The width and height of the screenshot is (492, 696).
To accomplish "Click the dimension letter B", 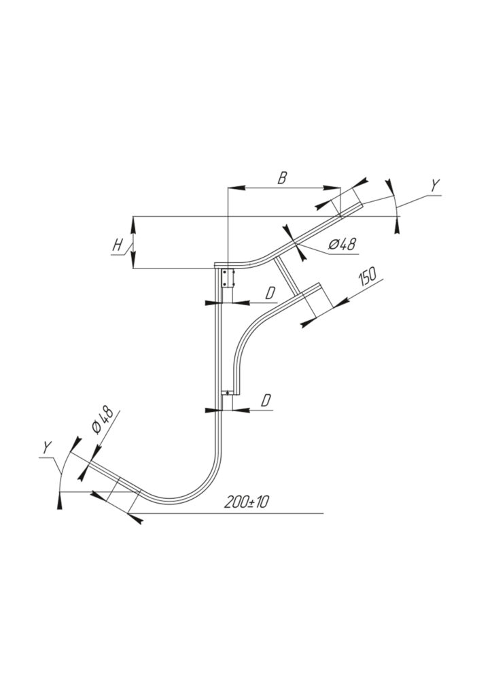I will (282, 178).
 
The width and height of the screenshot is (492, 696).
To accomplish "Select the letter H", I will (118, 245).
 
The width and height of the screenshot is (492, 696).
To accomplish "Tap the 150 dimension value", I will (368, 277).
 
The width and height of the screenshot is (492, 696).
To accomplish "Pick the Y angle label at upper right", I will (436, 185).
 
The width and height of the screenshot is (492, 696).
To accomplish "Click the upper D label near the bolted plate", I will (270, 294).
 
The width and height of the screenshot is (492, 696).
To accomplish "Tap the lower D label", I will (266, 401).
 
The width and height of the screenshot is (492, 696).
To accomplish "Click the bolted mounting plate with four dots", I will (228, 277).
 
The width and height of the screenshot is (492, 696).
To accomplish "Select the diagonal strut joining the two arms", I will (288, 277).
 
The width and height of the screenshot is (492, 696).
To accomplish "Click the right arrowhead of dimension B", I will (334, 188).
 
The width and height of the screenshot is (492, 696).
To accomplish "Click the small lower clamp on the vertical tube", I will (228, 392).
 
